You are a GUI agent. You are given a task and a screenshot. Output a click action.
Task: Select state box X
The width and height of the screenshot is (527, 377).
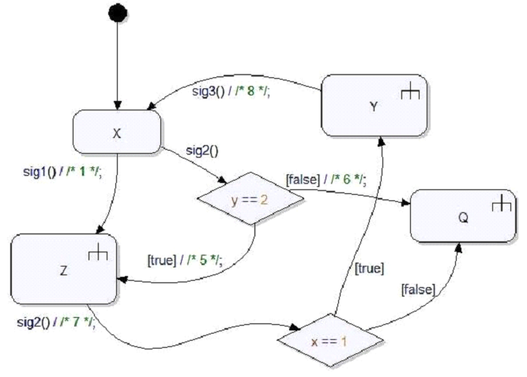pyautogui.click(x=117, y=133)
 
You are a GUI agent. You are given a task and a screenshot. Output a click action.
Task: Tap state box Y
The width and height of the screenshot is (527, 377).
pyautogui.click(x=373, y=105)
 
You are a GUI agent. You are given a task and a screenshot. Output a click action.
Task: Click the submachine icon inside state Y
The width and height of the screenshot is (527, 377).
pyautogui.click(x=408, y=93)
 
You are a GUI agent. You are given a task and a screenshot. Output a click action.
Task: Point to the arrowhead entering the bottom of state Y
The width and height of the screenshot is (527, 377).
pyautogui.click(x=381, y=139)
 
